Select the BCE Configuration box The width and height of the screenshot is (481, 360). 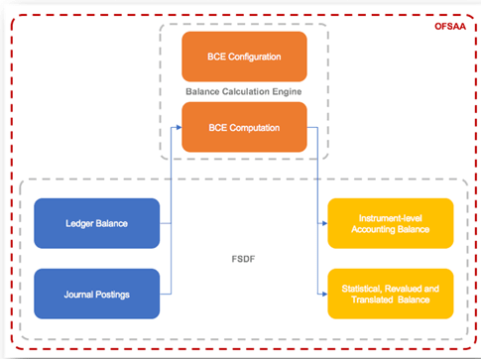point(244,57)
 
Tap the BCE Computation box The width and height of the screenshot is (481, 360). point(244,127)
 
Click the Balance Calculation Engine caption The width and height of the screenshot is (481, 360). point(244,92)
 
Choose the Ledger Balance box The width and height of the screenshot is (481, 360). point(96,223)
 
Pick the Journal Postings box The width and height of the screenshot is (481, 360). point(96,294)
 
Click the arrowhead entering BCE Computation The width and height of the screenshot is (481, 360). point(178,127)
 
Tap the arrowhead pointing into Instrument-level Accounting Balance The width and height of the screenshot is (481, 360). point(324,223)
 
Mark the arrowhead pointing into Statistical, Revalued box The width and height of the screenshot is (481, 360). point(324,294)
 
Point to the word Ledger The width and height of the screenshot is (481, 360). point(79,223)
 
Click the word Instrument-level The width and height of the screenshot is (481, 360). point(390,217)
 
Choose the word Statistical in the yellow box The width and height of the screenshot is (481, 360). point(363,288)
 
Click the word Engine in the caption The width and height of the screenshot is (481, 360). point(287,92)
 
